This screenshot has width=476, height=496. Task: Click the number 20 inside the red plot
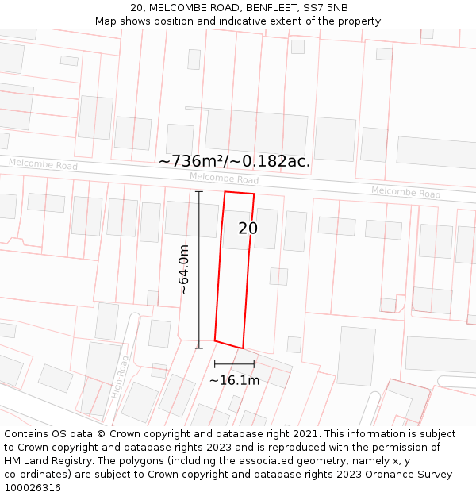[x=248, y=229]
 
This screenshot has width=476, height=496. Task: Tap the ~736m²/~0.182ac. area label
[x=234, y=161]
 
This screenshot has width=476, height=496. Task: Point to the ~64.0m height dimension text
[x=184, y=270]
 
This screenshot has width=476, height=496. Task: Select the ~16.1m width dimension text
[x=234, y=380]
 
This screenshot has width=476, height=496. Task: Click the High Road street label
[x=121, y=377]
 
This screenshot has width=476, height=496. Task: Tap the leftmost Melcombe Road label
[x=44, y=164]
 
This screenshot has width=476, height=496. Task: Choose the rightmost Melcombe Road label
[x=405, y=192]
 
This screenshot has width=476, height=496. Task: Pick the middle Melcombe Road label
[x=225, y=179]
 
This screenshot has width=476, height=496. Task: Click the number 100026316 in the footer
[x=33, y=488]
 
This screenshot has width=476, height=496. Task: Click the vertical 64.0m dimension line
[x=199, y=270]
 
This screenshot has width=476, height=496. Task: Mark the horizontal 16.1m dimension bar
[x=234, y=363]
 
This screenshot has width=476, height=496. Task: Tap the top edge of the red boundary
[x=240, y=192]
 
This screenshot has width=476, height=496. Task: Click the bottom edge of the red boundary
[x=228, y=344]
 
